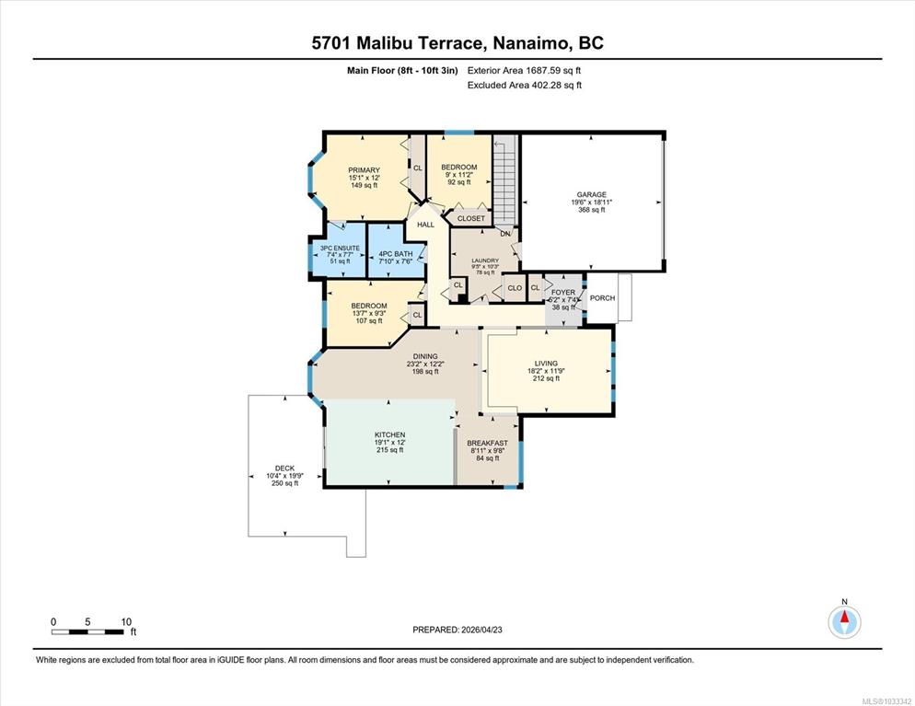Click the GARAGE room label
[592, 194]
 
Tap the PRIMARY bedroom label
[365, 170]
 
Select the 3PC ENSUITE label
[341, 248]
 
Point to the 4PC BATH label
[396, 254]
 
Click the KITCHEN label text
[389, 434]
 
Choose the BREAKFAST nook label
[488, 443]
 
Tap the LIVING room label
[546, 363]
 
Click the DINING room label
[425, 356]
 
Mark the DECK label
[284, 468]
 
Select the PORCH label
[602, 297]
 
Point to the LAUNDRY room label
[485, 260]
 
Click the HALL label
[425, 224]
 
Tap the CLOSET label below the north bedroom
[471, 218]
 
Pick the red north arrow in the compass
[844, 617]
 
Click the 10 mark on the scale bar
[126, 621]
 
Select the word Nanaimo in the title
[531, 43]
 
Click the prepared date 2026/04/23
[481, 630]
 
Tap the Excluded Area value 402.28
[548, 86]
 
